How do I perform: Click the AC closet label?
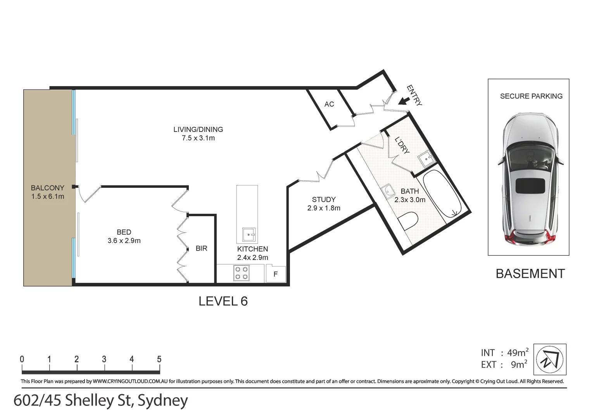[x=329, y=104]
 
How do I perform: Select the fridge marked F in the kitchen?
[x=276, y=274]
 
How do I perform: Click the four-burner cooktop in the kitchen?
[x=241, y=273]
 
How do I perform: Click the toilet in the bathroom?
[x=408, y=221]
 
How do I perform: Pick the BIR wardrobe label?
[x=201, y=248]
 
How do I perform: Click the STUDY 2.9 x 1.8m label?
[x=324, y=204]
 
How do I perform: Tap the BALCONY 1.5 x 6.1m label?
[x=48, y=192]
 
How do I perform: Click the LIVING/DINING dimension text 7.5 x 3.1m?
[x=198, y=138]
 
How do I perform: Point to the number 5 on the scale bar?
[x=159, y=359]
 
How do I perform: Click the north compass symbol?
[x=550, y=359]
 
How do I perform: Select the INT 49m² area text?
[x=504, y=353]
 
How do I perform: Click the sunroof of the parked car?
[x=530, y=186]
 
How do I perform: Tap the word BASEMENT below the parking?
[x=530, y=274]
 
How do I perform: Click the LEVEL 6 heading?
[x=223, y=301]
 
